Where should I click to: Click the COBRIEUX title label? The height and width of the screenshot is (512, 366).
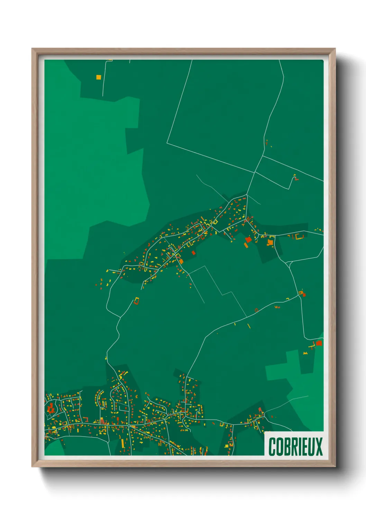click(x=295, y=446)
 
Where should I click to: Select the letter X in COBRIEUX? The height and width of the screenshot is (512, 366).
click(x=319, y=447)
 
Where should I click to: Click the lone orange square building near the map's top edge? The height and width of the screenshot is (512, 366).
click(x=99, y=77)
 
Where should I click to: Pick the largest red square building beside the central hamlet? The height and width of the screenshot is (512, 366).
click(x=248, y=239)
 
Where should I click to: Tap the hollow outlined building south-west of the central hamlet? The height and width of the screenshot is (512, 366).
click(x=137, y=301)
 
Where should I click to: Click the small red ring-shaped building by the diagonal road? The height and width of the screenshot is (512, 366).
click(x=256, y=310)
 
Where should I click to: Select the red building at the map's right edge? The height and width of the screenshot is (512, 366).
click(x=319, y=343)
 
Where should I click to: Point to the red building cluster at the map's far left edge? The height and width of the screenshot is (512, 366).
click(x=51, y=408)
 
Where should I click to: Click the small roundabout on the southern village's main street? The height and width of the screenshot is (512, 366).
click(x=129, y=426)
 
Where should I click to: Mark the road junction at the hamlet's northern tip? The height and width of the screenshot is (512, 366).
click(x=247, y=195)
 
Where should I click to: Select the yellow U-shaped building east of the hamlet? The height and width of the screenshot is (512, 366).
click(x=299, y=237)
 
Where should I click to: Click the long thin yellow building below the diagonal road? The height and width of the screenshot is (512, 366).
click(x=249, y=326)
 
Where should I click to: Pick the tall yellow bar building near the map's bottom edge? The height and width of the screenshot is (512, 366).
click(x=122, y=444)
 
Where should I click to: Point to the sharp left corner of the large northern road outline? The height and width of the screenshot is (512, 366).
click(x=167, y=143)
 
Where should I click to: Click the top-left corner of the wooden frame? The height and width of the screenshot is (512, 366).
click(x=32, y=49)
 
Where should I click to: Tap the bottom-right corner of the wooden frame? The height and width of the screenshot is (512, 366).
click(x=335, y=467)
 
